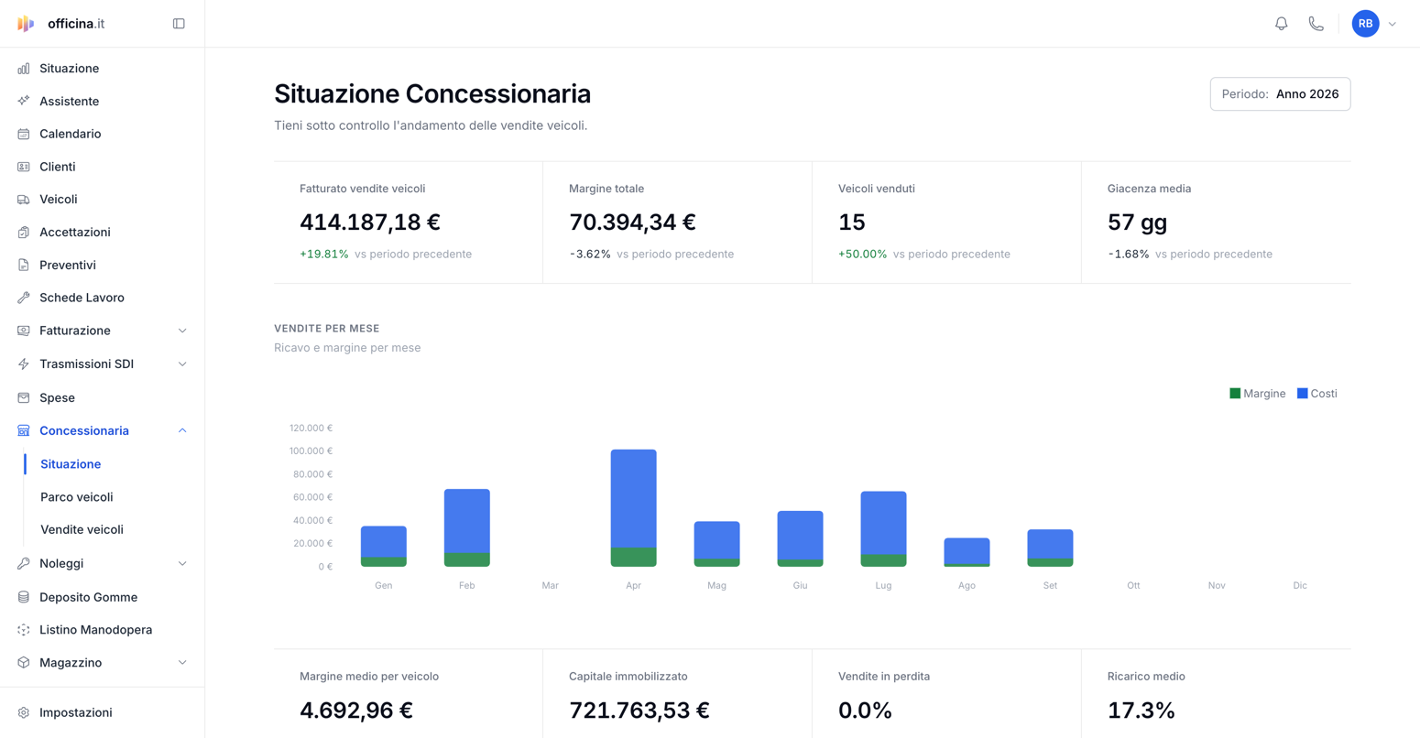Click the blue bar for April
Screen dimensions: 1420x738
tap(633, 498)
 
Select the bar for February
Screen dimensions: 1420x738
tap(466, 527)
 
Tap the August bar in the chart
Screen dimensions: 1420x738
tap(967, 552)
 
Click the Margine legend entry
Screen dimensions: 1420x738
tap(1257, 394)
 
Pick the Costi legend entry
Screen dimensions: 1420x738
tap(1316, 394)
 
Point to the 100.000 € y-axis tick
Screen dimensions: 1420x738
tap(311, 451)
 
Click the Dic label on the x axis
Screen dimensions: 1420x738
tap(1300, 585)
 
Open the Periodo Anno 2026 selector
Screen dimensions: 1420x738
tap(1280, 93)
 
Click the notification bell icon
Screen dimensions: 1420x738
tap(1281, 24)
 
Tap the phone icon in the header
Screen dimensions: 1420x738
tap(1316, 24)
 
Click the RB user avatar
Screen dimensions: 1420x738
tap(1365, 24)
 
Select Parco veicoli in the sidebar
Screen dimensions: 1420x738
tap(77, 496)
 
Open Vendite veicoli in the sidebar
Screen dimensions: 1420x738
tap(82, 529)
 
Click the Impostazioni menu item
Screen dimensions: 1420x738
tap(75, 712)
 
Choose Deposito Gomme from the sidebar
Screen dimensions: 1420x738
tap(88, 597)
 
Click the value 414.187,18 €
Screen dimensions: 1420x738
tap(369, 222)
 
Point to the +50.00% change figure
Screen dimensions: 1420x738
tap(862, 254)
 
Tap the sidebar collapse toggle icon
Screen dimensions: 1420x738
tap(179, 24)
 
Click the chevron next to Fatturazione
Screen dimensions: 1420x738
tap(182, 331)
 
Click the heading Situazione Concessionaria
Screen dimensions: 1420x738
tap(432, 93)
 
